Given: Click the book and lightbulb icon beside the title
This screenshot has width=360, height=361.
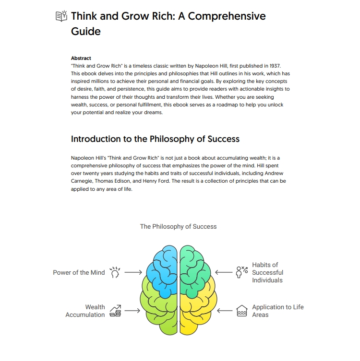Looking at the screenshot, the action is click(x=61, y=16).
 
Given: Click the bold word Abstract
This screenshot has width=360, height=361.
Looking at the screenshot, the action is click(x=81, y=58).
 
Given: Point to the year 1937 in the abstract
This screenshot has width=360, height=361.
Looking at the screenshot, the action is click(x=275, y=66).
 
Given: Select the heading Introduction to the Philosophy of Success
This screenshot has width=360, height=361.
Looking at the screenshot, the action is click(x=155, y=139).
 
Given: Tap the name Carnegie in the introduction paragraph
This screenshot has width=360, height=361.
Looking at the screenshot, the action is click(x=81, y=181).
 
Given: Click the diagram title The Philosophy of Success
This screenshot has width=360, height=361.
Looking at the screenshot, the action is click(x=179, y=227).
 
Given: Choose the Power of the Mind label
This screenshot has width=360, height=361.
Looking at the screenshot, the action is click(x=79, y=272).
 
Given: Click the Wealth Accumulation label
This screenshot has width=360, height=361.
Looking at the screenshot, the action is click(x=85, y=311).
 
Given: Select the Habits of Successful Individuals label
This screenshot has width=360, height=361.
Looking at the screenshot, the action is click(x=267, y=272).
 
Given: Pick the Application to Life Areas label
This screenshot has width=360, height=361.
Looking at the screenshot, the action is click(x=278, y=311).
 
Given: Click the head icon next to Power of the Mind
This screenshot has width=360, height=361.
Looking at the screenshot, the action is click(x=115, y=272).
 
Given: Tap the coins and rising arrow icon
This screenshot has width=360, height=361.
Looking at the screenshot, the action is click(x=116, y=311).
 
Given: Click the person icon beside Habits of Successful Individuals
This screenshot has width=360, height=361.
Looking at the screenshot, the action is click(x=241, y=272).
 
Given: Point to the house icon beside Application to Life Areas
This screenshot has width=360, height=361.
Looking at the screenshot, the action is click(x=242, y=311).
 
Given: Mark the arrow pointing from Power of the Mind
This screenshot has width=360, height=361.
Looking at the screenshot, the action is click(x=133, y=272).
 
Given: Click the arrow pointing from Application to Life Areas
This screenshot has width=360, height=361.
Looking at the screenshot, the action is click(x=225, y=311).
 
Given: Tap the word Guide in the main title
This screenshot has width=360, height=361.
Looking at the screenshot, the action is click(x=86, y=31).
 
